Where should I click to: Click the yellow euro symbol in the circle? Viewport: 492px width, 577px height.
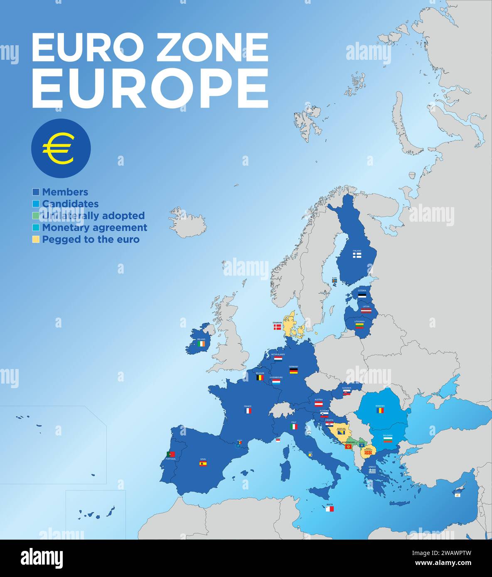click(x=58, y=149)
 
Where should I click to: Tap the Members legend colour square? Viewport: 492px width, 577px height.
click(x=36, y=192)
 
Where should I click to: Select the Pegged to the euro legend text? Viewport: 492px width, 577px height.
click(x=91, y=240)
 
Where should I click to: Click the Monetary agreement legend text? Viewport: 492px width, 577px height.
click(x=94, y=227)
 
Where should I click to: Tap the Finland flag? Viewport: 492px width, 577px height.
click(x=357, y=256)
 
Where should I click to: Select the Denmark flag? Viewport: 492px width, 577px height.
click(x=277, y=327)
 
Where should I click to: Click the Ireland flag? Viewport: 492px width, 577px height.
click(x=201, y=344)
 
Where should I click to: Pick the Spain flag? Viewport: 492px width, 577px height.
click(x=203, y=464)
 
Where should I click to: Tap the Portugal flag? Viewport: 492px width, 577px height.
click(x=170, y=454)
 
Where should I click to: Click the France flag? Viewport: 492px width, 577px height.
click(x=248, y=411)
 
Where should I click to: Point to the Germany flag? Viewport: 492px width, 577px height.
click(x=293, y=372)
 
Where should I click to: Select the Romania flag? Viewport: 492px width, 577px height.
click(x=380, y=410)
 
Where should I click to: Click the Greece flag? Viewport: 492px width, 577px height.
click(x=372, y=471)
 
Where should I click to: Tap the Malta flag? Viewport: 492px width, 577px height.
click(x=330, y=509)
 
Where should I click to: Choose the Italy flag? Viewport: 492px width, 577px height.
click(x=294, y=426)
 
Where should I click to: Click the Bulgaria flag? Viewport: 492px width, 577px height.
click(x=388, y=439)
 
